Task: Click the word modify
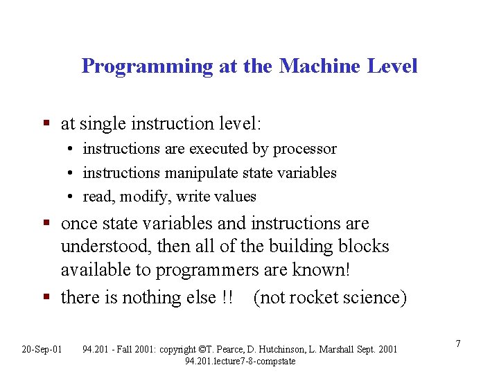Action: [146, 197]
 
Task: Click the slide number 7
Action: [458, 344]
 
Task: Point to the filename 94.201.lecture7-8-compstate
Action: [240, 361]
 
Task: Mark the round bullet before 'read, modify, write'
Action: [71, 197]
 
